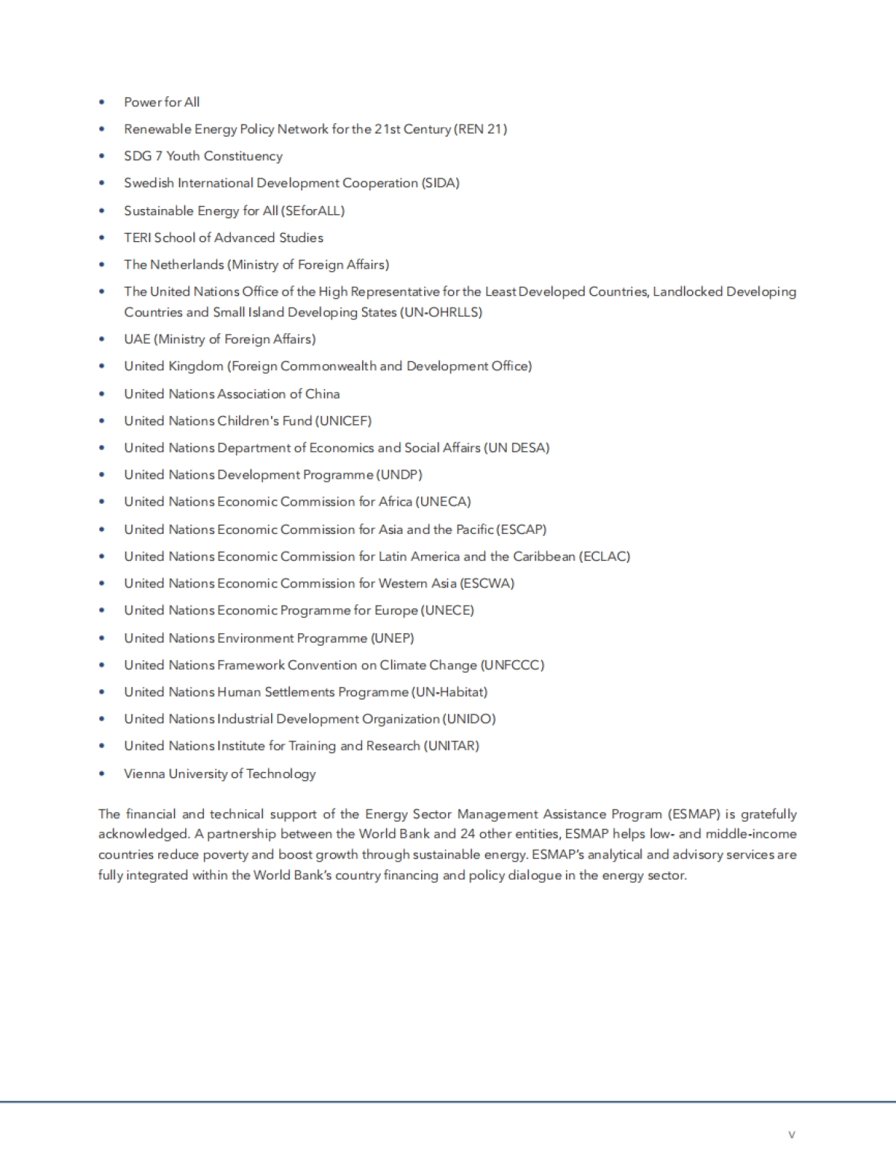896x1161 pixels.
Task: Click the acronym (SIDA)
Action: (x=441, y=183)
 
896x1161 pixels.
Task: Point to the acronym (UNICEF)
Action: (x=343, y=421)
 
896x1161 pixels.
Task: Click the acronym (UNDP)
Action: (x=399, y=475)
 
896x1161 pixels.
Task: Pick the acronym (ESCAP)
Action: (x=521, y=529)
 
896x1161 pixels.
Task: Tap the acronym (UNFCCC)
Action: (x=512, y=665)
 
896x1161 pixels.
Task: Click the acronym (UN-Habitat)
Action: (x=449, y=692)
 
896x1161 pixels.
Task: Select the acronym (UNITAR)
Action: (x=452, y=746)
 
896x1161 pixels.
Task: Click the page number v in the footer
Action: (x=791, y=1135)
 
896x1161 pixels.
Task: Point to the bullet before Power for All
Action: (x=102, y=102)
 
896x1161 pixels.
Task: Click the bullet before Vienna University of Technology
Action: (x=102, y=774)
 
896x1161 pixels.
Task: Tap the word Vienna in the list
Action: (x=144, y=774)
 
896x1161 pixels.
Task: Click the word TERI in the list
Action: (x=137, y=237)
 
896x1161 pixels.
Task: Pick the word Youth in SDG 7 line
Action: (x=183, y=156)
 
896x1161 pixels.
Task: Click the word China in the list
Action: (x=323, y=394)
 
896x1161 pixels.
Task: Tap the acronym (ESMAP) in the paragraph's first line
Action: (x=689, y=814)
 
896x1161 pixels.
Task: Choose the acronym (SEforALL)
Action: (x=314, y=211)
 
